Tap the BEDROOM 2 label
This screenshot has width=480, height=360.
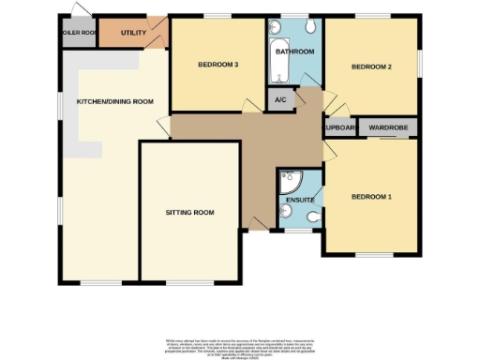tap(370, 67)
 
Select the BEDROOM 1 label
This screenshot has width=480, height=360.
tap(370, 197)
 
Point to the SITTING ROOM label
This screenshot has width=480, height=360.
tap(190, 213)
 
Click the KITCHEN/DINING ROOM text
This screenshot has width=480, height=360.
tap(115, 101)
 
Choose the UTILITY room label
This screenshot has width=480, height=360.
tap(133, 33)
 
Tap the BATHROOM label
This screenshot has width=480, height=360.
tap(295, 51)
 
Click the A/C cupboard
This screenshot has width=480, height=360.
tap(280, 100)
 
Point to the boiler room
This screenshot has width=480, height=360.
tap(79, 33)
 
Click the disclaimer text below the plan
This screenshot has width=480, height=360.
tap(241, 344)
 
